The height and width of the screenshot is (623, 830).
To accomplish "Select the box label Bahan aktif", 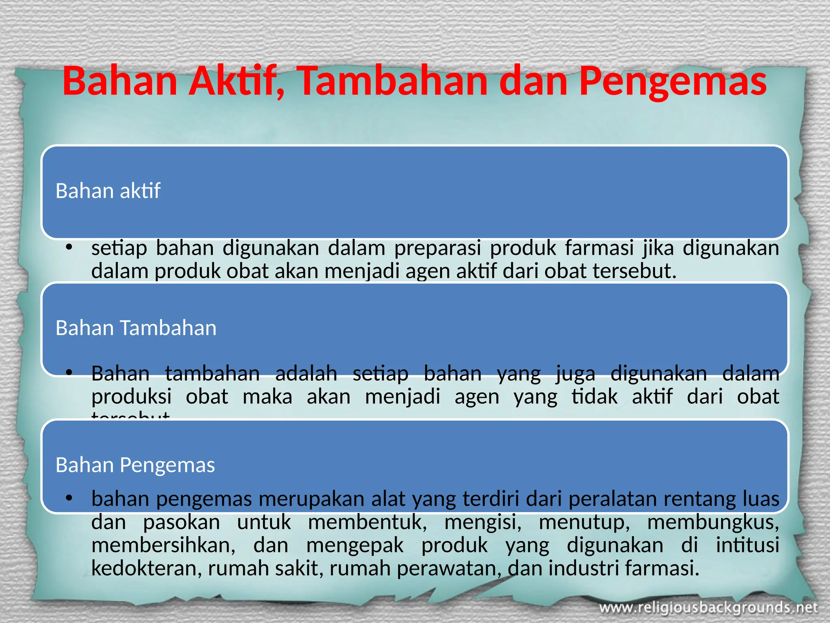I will coord(108,191).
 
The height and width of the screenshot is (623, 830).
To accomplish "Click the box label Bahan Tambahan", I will coord(136,328).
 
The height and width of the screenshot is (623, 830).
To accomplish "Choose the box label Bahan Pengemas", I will coord(135,465).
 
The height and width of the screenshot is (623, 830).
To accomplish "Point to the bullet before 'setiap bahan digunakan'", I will coord(69,248).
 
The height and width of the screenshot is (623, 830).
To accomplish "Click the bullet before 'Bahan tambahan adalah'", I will coord(69,373).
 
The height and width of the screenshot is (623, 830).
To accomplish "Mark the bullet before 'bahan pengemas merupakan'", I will coord(69,498).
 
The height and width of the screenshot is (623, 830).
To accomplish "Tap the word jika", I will coord(658,249).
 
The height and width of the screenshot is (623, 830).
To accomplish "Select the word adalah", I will coord(306,374).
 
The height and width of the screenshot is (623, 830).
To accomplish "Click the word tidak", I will coord(595,397).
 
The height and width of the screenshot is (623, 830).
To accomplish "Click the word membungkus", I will coord(713,522).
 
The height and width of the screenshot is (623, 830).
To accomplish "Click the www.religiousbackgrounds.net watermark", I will coord(708,608).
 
